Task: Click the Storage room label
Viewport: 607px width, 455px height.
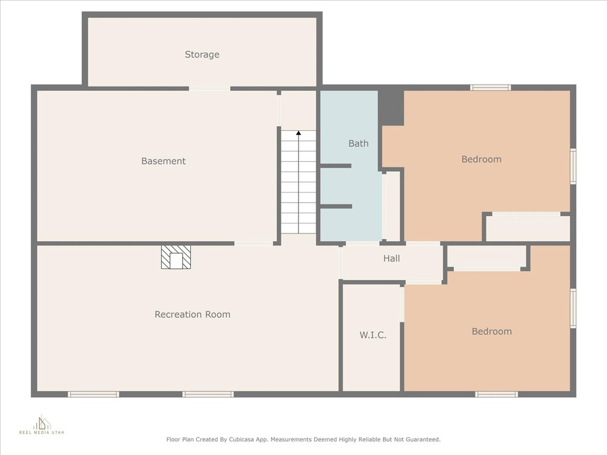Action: [x=202, y=55]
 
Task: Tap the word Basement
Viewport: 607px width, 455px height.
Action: [x=164, y=161]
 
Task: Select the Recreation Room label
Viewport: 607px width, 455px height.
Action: [x=193, y=315]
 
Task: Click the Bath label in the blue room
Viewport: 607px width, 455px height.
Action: [x=359, y=143]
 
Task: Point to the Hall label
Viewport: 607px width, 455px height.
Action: [x=391, y=258]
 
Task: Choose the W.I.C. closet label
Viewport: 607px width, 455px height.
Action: [x=373, y=335]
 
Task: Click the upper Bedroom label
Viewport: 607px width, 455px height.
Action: [x=481, y=159]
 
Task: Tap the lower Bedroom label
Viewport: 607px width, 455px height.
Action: [x=491, y=332]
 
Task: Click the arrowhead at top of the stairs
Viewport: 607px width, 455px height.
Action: [x=299, y=133]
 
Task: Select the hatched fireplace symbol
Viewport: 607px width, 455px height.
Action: [x=176, y=257]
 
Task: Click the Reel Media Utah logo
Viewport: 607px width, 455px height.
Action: [x=41, y=424]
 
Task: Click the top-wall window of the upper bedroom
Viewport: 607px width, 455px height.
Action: [x=490, y=88]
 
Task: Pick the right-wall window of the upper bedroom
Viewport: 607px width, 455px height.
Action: [x=573, y=166]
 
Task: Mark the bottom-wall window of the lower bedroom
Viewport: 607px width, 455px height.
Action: [x=497, y=394]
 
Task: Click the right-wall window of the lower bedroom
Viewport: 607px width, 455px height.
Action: [x=573, y=308]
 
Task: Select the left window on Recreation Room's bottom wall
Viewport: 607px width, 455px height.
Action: [x=93, y=394]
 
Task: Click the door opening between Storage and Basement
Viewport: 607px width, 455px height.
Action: [x=209, y=89]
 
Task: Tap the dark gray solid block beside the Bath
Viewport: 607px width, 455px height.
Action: [x=391, y=108]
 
